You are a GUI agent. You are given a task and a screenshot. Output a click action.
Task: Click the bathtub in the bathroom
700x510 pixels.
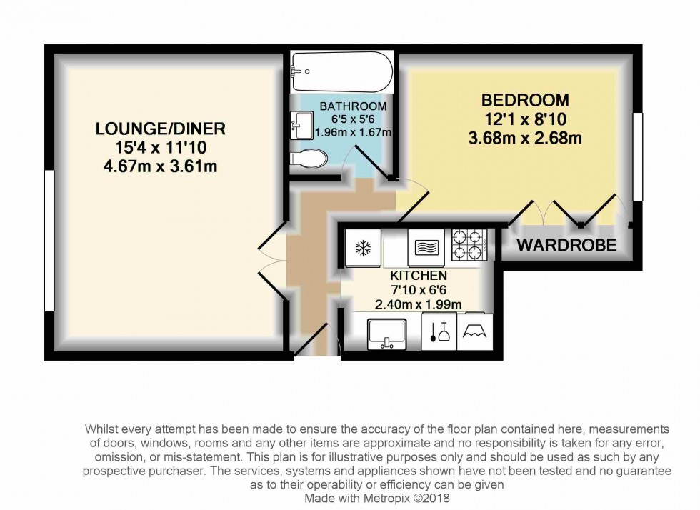tap(341, 72)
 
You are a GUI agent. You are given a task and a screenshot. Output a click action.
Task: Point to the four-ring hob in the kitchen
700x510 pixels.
tap(469, 245)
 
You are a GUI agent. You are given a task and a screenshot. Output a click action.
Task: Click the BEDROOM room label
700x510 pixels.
tap(524, 100)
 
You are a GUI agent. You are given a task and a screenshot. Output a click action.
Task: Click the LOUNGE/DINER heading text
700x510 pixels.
tap(161, 129)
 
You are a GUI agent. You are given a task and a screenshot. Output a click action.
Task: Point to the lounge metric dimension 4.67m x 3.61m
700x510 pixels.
tap(161, 168)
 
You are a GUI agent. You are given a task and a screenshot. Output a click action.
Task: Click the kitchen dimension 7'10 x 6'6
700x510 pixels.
tap(419, 290)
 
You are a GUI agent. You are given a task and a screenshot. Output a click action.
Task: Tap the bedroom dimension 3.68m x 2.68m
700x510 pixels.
tap(524, 138)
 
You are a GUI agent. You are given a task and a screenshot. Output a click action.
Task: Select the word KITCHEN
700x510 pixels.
tap(419, 276)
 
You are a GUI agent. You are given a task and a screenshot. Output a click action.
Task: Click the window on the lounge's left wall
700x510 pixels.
tap(47, 243)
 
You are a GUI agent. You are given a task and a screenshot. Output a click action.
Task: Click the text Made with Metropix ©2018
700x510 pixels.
tap(376, 498)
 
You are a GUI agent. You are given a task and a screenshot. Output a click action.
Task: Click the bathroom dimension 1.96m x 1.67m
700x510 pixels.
tap(355, 133)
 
